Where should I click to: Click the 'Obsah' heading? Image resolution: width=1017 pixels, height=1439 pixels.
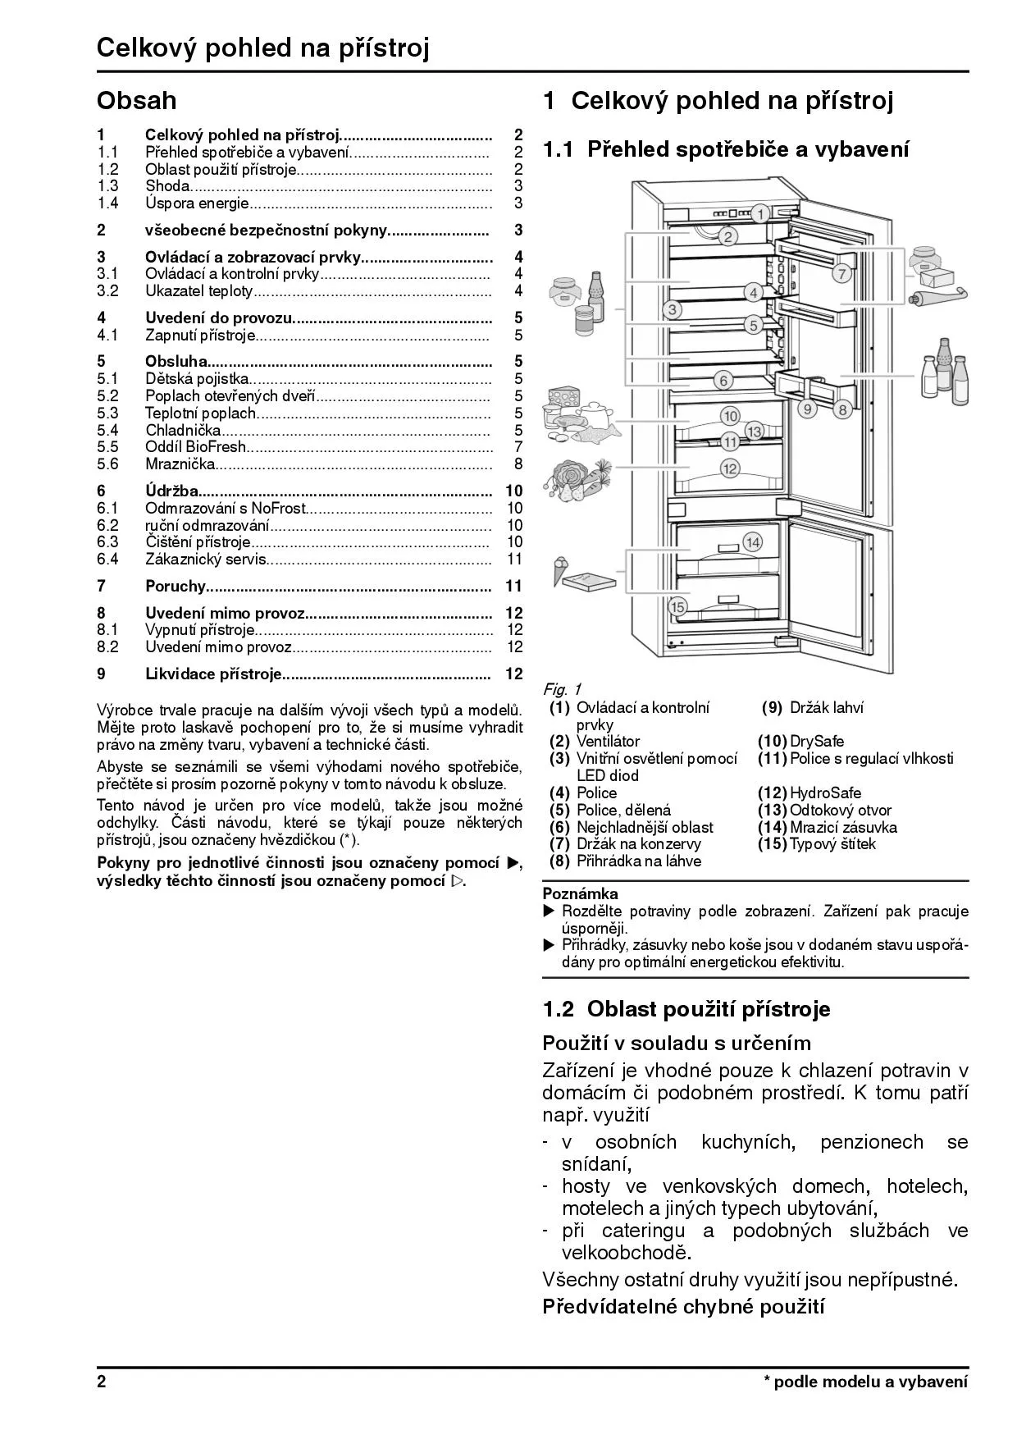(136, 101)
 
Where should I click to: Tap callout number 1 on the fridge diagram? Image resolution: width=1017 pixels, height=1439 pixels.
(759, 215)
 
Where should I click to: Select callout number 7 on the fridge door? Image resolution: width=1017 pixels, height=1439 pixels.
(841, 274)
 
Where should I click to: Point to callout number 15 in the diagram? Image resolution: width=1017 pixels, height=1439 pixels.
(677, 607)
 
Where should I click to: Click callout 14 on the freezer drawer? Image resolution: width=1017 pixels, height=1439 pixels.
(752, 541)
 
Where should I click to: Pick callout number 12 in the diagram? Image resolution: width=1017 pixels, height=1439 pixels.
(729, 468)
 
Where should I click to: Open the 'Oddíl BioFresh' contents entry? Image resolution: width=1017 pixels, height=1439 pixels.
(195, 447)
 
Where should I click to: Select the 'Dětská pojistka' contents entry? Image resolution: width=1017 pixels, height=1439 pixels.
(197, 378)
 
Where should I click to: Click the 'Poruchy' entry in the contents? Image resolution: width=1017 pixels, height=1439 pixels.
(175, 586)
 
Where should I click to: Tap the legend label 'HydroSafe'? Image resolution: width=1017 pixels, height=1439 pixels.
(825, 793)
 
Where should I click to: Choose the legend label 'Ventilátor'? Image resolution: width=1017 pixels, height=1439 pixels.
(608, 741)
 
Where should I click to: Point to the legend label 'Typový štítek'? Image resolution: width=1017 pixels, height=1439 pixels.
(832, 843)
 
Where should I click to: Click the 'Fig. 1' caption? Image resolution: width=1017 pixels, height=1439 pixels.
(562, 689)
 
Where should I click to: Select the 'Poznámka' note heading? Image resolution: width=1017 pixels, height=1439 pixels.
(581, 893)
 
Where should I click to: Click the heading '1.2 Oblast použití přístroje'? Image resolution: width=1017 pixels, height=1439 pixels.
(686, 1009)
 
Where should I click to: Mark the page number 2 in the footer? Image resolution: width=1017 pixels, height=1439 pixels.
(102, 1382)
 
